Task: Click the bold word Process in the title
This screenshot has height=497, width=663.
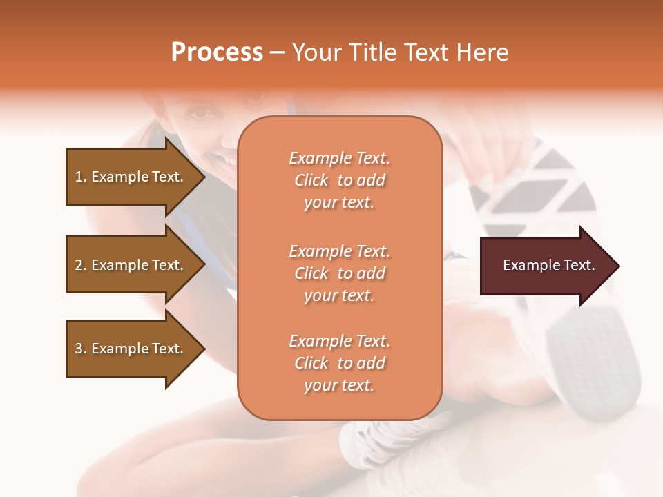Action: pos(217,52)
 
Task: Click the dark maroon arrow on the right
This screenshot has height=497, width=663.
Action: pos(546,265)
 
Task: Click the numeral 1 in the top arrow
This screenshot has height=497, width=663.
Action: pos(78,177)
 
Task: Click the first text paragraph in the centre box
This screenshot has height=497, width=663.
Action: pos(339,180)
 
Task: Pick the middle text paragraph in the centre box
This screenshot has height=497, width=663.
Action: pos(339,273)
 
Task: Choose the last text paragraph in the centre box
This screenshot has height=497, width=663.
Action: pos(339,363)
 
